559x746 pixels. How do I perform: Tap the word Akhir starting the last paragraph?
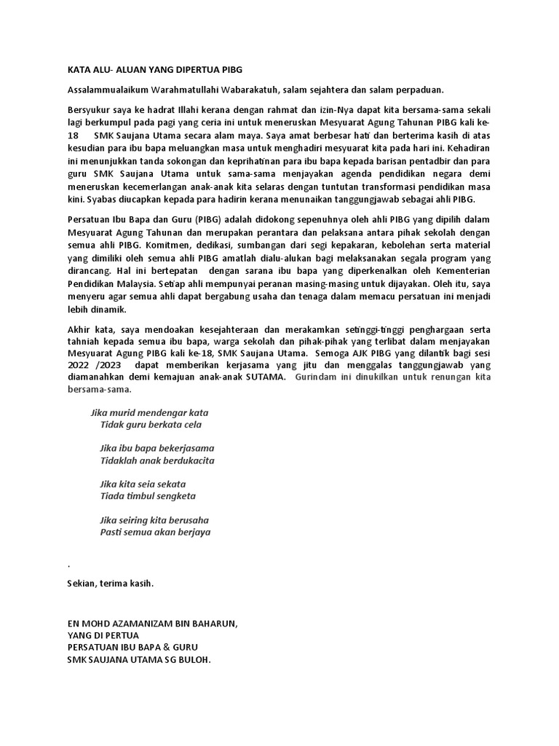tap(79, 330)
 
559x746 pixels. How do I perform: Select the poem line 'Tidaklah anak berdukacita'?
tap(157, 460)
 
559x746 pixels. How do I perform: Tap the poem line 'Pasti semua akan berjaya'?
tap(155, 532)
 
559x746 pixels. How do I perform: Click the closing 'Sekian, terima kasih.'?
tap(110, 584)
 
